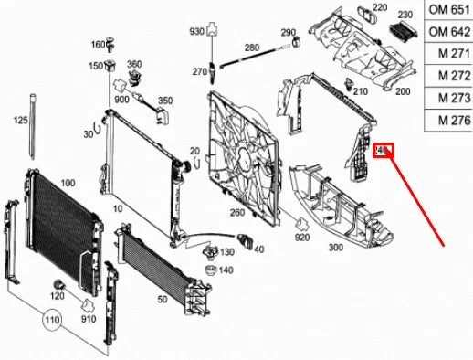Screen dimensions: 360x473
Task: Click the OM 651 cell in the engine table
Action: [447, 10]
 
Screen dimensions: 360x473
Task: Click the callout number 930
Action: [196, 31]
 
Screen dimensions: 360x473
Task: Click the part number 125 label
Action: [20, 120]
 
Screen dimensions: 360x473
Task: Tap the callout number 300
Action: [335, 247]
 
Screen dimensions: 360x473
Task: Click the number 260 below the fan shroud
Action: [237, 213]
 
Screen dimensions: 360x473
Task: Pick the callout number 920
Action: [301, 238]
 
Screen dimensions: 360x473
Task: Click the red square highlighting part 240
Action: [384, 150]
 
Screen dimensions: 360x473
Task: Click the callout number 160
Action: [98, 45]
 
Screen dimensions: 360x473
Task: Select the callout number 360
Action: [134, 64]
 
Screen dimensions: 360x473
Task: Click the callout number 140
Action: [226, 270]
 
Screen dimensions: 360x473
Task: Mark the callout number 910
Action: [89, 320]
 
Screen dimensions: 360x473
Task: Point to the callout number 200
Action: [403, 91]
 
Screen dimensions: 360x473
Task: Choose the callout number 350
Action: [165, 100]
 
